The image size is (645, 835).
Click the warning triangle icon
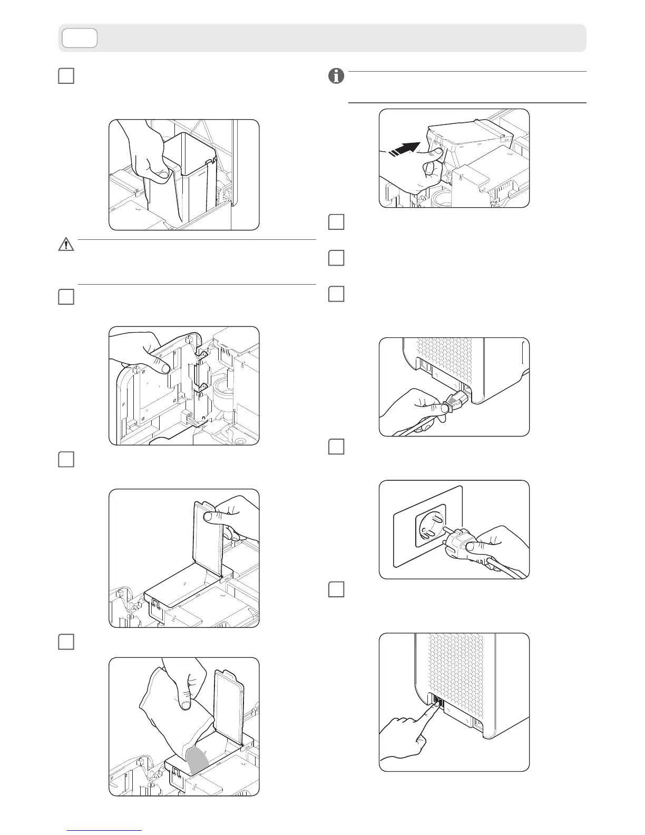tap(66, 245)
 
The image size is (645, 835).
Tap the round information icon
tap(336, 76)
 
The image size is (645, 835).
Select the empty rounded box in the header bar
tap(80, 38)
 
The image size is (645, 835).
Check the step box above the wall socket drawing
tap(336, 447)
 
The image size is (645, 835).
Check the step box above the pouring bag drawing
tap(65, 642)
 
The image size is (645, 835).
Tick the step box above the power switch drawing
tap(336, 589)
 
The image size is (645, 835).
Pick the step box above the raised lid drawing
tap(65, 459)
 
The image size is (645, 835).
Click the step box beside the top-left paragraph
tap(65, 76)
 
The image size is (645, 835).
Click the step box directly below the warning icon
tap(65, 297)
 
